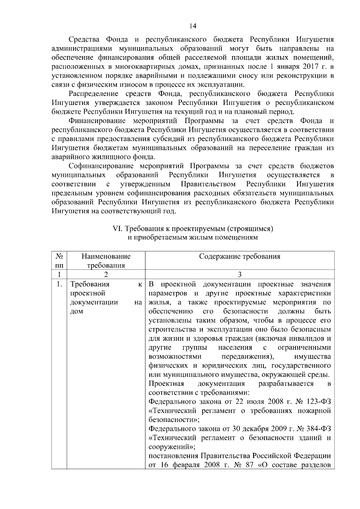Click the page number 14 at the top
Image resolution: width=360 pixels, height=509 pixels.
pyautogui.click(x=193, y=26)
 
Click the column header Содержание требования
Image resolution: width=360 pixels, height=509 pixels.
pyautogui.click(x=240, y=256)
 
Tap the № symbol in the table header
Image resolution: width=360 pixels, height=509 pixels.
pyautogui.click(x=59, y=256)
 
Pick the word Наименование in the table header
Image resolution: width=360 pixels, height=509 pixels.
pyautogui.click(x=106, y=256)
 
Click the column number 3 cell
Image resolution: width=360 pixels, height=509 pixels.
pyautogui.click(x=240, y=274)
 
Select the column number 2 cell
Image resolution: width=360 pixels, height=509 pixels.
pyautogui.click(x=106, y=274)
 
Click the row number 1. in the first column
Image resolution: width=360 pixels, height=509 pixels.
pyautogui.click(x=59, y=284)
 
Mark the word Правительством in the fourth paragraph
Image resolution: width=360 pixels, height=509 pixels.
pyautogui.click(x=208, y=184)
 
